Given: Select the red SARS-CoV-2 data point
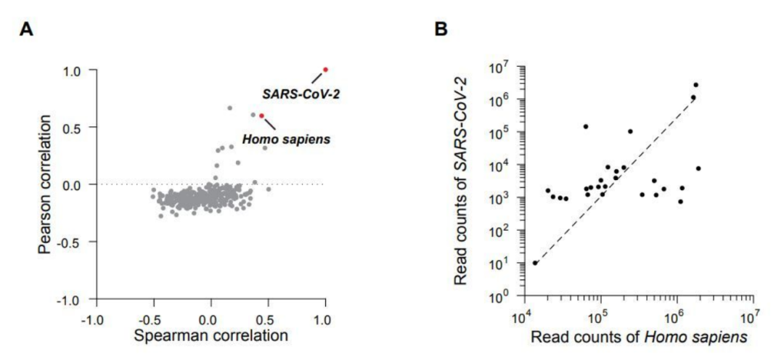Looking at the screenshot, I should pyautogui.click(x=325, y=70).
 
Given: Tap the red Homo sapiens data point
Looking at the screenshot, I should pyautogui.click(x=261, y=115).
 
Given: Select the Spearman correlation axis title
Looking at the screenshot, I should pyautogui.click(x=210, y=336).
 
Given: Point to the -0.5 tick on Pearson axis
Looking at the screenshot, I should pyautogui.click(x=75, y=242).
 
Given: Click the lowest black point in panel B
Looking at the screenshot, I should pyautogui.click(x=535, y=263).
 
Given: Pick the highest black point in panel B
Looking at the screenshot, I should pyautogui.click(x=695, y=85).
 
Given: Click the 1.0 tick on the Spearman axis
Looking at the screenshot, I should pyautogui.click(x=325, y=318).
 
